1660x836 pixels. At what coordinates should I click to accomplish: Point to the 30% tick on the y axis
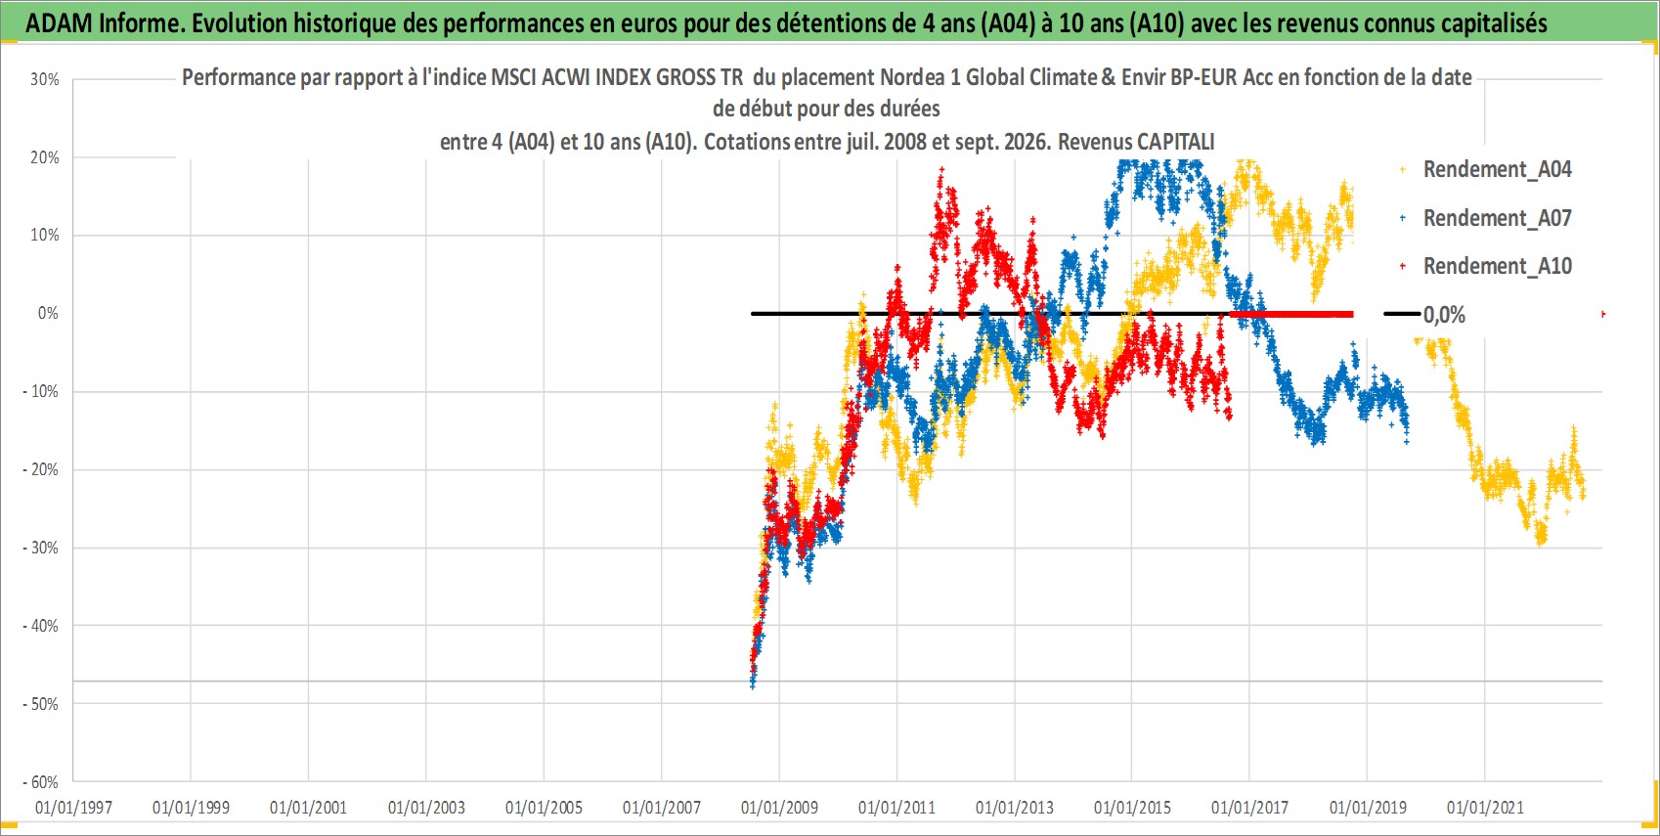coord(44,79)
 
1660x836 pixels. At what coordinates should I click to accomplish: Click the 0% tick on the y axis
coord(48,314)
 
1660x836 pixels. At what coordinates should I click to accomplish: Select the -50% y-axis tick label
coord(40,704)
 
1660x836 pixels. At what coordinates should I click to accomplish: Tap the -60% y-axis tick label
coord(40,782)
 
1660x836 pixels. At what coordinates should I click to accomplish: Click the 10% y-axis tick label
coord(44,236)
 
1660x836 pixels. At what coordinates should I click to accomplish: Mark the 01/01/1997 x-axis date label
coord(73,808)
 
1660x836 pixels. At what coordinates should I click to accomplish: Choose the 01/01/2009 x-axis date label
coord(779,808)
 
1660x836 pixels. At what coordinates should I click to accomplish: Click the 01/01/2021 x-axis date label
coord(1485,808)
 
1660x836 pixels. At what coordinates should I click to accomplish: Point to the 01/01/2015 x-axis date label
coord(1132,808)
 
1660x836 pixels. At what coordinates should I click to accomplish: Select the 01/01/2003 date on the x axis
coord(426,808)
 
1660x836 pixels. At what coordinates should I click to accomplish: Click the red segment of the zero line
coord(1291,314)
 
